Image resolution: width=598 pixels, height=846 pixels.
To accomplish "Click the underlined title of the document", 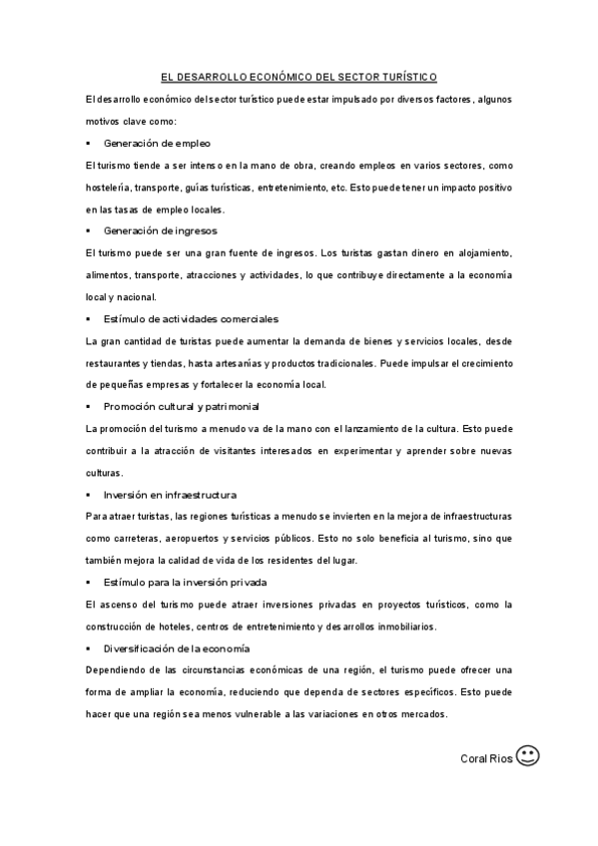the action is [x=299, y=77].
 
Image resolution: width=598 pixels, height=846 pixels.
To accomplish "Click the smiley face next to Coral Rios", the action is [x=529, y=756].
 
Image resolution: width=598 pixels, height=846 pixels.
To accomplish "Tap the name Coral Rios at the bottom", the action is [x=486, y=758].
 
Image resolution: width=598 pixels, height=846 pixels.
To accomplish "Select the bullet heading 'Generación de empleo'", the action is [x=157, y=143].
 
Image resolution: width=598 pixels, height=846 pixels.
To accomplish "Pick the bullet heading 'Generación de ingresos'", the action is [x=160, y=230].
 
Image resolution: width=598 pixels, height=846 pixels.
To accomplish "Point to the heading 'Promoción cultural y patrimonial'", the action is [x=181, y=406].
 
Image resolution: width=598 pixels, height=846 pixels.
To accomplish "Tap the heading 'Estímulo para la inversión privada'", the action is [x=185, y=582].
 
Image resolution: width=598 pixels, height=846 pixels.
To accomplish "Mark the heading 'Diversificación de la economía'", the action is [x=176, y=648].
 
